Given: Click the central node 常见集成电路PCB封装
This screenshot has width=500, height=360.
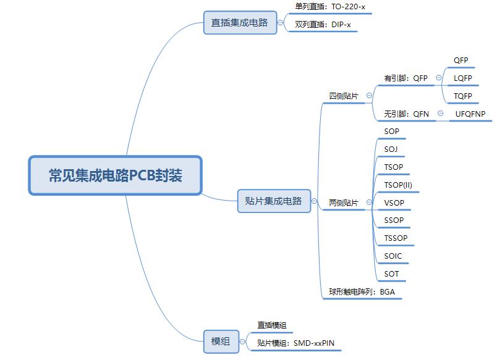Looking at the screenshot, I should pyautogui.click(x=116, y=175).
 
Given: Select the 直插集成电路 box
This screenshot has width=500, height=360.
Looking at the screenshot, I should pyautogui.click(x=240, y=23).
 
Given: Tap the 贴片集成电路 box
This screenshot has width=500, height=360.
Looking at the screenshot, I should pyautogui.click(x=273, y=201).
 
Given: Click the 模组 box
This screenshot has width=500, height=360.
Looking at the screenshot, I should pyautogui.click(x=221, y=341).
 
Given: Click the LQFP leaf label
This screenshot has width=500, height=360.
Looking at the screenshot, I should pyautogui.click(x=462, y=78).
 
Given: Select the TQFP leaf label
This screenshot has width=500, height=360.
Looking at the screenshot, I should pyautogui.click(x=462, y=96).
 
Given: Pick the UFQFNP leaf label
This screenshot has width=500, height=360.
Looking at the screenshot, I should pyautogui.click(x=470, y=114).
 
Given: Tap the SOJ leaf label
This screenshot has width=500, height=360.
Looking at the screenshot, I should pyautogui.click(x=391, y=149).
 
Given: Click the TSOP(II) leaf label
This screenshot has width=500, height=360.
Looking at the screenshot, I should pyautogui.click(x=398, y=185).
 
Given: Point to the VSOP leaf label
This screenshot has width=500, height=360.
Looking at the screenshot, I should pyautogui.click(x=394, y=203).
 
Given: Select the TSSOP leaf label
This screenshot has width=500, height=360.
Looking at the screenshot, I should pyautogui.click(x=396, y=238).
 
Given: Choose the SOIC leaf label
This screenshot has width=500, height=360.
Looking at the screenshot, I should pyautogui.click(x=392, y=256).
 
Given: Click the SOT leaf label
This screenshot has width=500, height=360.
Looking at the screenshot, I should pyautogui.click(x=391, y=274).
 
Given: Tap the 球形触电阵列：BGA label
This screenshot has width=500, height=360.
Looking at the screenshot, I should pyautogui.click(x=361, y=292).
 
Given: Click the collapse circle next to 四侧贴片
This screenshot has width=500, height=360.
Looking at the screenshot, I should pyautogui.click(x=369, y=96).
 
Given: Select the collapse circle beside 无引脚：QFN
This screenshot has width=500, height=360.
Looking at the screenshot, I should pyautogui.click(x=440, y=114).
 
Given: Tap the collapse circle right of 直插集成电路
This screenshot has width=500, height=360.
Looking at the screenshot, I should pyautogui.click(x=281, y=23).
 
